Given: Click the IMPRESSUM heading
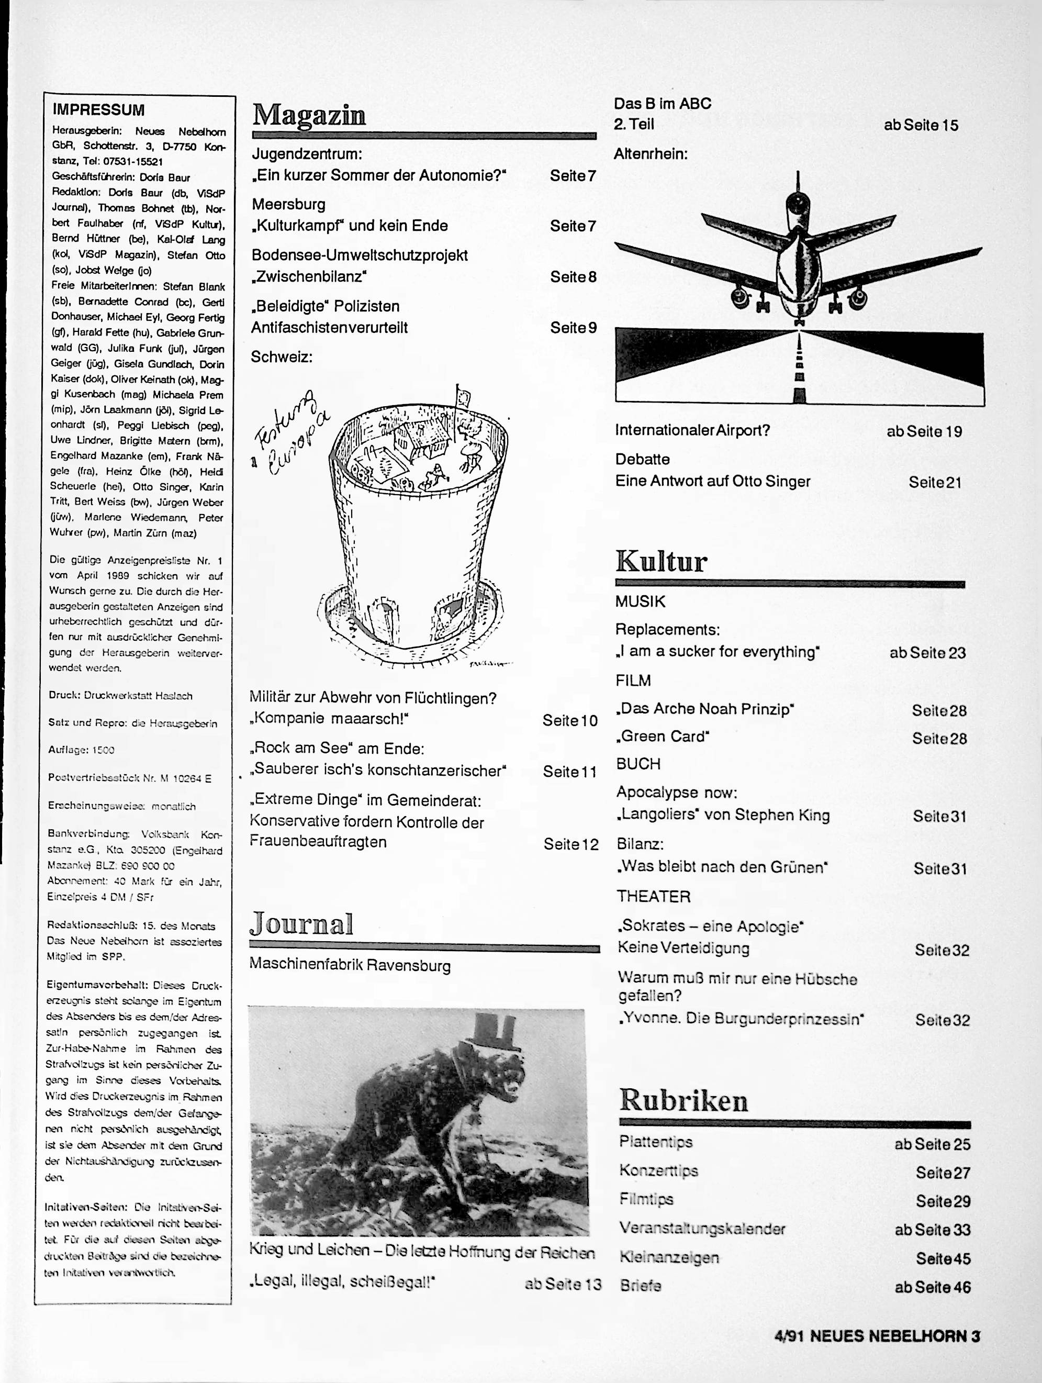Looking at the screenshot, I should (98, 110).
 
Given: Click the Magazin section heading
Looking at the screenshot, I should (309, 116).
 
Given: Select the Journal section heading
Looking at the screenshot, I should (301, 924).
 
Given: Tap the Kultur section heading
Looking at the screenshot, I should (662, 562).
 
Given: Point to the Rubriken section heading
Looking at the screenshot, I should (683, 1101).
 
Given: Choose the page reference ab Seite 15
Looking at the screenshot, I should (920, 126).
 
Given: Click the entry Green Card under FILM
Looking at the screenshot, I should (663, 737).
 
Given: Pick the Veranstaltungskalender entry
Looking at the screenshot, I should (702, 1229).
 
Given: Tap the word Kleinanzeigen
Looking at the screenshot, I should (669, 1257).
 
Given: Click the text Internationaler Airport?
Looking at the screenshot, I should (692, 430).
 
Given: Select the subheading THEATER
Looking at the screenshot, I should (653, 896).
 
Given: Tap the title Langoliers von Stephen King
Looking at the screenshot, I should (723, 815).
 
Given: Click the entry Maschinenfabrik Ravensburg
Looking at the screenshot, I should (350, 965).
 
